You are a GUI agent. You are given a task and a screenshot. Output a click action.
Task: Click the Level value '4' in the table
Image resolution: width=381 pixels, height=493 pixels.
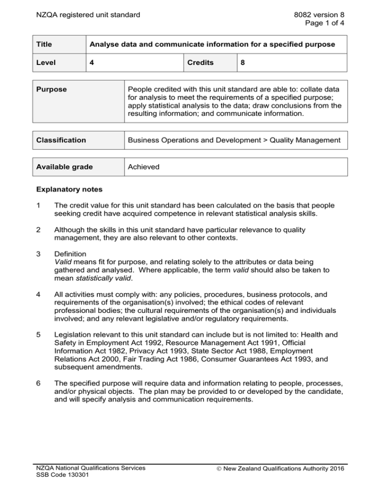pyautogui.click(x=92, y=63)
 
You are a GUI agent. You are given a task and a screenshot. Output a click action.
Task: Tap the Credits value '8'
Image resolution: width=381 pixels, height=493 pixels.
pyautogui.click(x=244, y=63)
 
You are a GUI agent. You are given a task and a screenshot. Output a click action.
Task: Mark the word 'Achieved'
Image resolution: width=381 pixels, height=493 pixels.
pyautogui.click(x=143, y=167)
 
